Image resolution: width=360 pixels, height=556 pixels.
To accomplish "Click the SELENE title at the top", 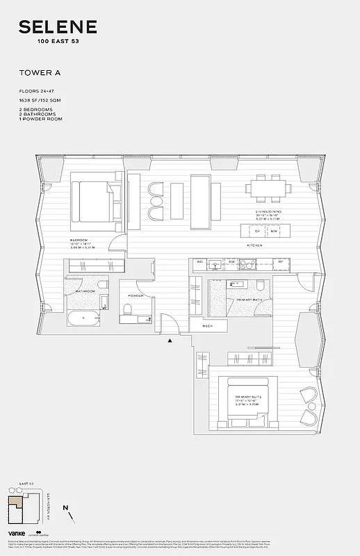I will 58,27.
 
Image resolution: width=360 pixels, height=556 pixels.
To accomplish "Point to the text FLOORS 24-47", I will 38,92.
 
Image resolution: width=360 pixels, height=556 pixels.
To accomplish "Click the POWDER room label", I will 136,295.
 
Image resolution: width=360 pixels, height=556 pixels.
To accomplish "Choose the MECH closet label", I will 207,325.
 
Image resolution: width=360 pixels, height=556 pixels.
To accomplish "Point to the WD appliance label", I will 199,263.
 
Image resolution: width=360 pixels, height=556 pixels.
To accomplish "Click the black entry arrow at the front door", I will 168,340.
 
